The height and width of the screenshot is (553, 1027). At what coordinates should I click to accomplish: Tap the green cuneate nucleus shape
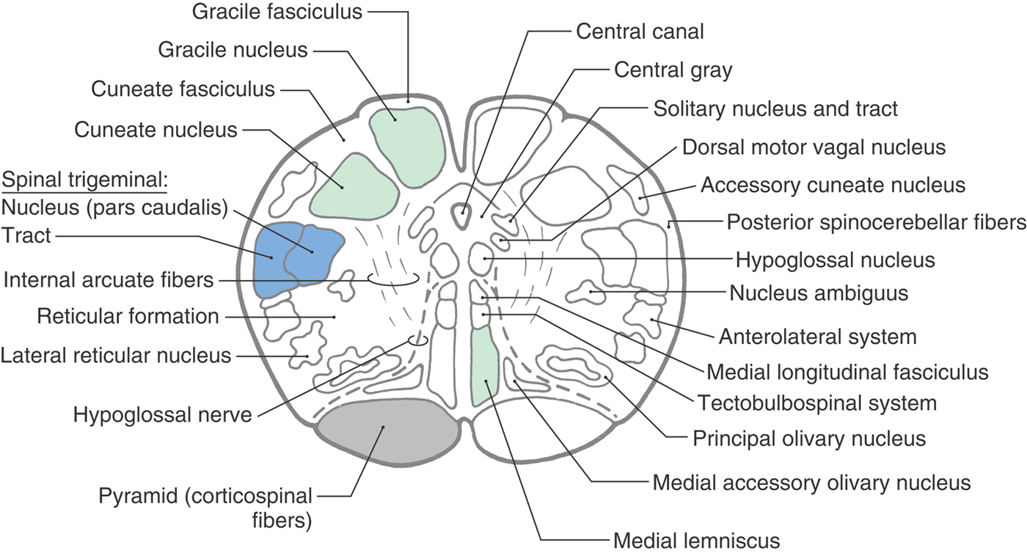354,187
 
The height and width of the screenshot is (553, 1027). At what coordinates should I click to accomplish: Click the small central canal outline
462,214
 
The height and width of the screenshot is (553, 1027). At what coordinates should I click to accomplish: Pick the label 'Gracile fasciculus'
277,12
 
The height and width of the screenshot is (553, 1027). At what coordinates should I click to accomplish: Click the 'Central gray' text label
673,70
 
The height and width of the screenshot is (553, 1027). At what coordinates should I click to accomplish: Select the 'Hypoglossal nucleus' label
835,259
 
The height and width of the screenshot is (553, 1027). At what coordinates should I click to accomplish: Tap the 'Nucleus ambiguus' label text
819,293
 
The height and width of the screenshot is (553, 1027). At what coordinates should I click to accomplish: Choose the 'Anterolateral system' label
817,337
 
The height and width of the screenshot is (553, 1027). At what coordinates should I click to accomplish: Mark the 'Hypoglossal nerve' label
162,414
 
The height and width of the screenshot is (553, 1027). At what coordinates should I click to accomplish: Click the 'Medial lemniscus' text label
695,541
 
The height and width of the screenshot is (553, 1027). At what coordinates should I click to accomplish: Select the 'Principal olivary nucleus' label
808,439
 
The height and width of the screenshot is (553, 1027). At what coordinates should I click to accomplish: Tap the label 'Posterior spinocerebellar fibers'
876,221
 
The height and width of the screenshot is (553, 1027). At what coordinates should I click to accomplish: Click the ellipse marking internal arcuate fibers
393,279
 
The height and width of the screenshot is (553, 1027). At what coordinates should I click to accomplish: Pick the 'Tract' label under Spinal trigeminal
26,235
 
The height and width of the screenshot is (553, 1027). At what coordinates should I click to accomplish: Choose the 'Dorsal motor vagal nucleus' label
814,147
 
